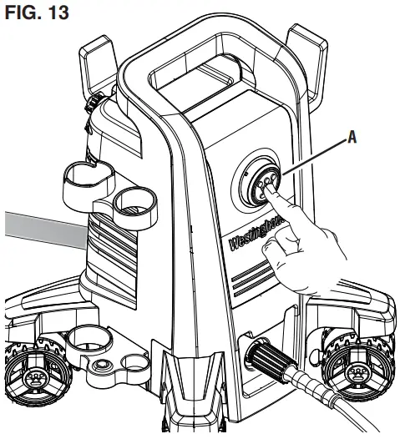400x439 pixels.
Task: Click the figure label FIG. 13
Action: click(37, 15)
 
